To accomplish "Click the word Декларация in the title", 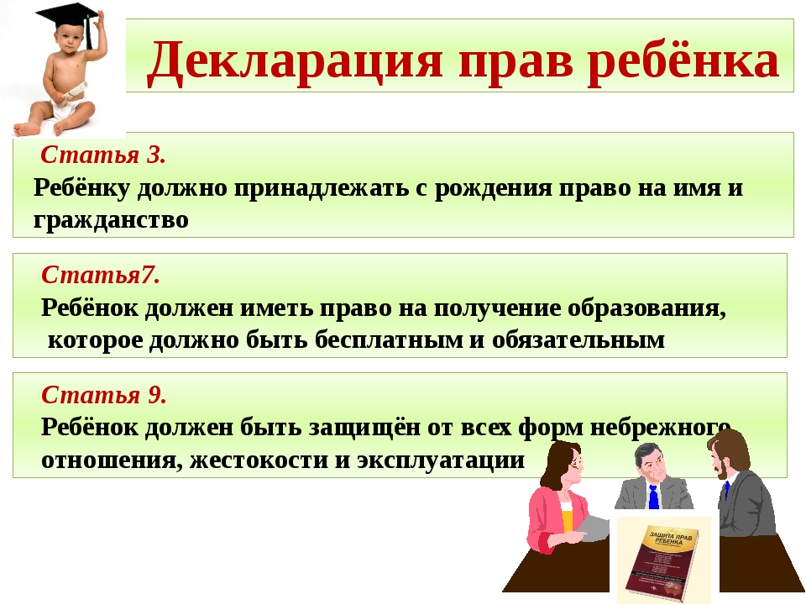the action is [294, 61].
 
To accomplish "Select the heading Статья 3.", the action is [103, 155].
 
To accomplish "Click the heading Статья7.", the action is [101, 275].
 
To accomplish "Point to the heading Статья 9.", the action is [104, 395].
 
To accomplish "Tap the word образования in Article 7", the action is [646, 308].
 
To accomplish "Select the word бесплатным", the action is [389, 340].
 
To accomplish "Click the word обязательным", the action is [578, 340].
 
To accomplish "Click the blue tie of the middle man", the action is [653, 497].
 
